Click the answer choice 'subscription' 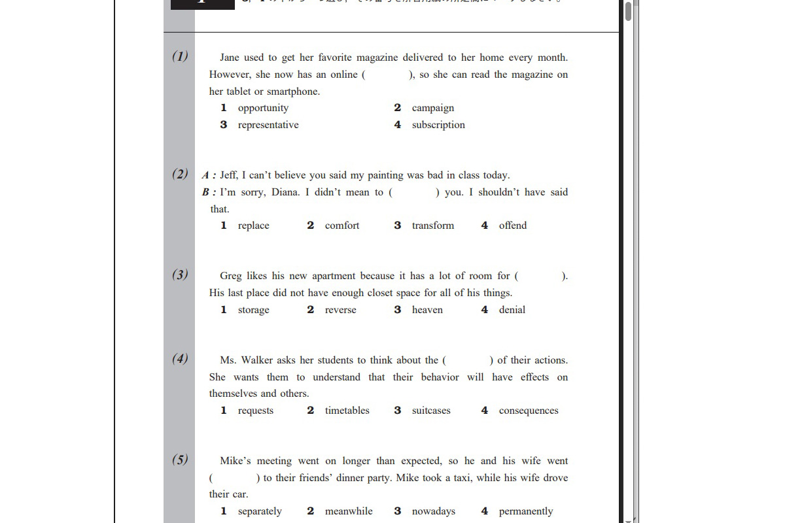pos(438,125)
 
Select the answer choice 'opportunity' pos(263,108)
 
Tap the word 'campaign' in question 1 pos(432,108)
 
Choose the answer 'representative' pos(268,125)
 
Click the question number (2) pos(180,174)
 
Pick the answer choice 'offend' pos(512,226)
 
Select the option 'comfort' pos(341,226)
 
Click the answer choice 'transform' pos(432,226)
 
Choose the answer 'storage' pos(253,310)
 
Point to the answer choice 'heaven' pos(427,310)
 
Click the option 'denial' pos(512,310)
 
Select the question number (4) pos(180,358)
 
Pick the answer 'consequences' pos(529,411)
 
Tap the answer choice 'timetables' pos(347,411)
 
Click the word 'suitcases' pos(431,411)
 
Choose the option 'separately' pos(260,511)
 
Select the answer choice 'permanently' pos(525,511)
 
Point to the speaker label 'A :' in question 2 pos(209,175)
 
